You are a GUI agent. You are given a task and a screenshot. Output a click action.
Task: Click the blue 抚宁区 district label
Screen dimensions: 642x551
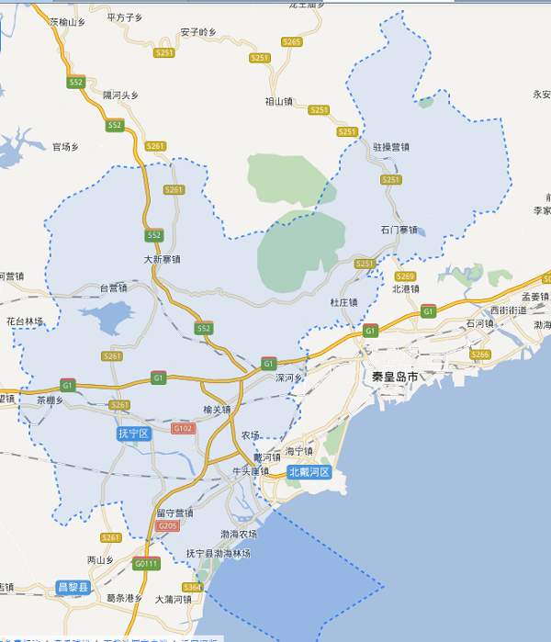[133, 433]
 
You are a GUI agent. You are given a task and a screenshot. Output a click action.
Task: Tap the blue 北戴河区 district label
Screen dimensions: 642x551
[309, 472]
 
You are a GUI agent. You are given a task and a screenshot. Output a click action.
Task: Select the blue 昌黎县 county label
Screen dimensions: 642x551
[73, 587]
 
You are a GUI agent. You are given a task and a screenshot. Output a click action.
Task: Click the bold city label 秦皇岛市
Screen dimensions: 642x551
[395, 377]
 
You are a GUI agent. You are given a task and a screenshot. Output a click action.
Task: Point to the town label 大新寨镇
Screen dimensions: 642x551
[163, 260]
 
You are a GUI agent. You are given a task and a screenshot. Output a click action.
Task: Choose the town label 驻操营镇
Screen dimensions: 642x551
[392, 147]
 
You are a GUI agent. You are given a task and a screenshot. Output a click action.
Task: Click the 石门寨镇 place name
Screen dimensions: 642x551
[399, 229]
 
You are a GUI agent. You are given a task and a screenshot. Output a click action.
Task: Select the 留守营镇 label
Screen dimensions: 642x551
[174, 512]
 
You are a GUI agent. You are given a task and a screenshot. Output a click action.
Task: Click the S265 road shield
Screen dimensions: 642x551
[292, 41]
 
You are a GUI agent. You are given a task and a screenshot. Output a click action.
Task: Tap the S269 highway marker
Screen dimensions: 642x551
[406, 276]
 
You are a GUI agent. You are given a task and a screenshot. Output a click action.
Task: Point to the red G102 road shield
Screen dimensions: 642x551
[184, 428]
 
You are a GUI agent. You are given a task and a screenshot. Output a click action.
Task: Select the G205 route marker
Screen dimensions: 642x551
[167, 526]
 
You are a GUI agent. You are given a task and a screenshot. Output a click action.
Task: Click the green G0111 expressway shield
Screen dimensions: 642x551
[146, 562]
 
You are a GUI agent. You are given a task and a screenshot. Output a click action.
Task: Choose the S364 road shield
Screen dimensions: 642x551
[192, 587]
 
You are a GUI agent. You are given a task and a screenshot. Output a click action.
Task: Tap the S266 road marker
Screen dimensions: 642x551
[479, 354]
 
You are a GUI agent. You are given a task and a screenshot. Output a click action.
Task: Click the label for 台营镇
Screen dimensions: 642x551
[113, 287]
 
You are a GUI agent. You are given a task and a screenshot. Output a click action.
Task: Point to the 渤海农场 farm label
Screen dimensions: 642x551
[239, 534]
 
